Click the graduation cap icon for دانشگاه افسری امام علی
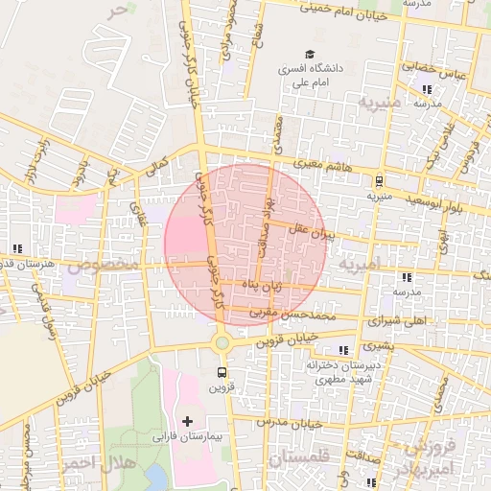point(309,54)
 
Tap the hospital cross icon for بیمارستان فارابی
point(187,421)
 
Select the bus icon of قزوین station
point(222,372)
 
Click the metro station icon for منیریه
point(380,179)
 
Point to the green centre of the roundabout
point(222,342)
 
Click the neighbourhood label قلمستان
point(300,458)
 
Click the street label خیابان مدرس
point(292,423)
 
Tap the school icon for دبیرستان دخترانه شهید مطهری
point(344,350)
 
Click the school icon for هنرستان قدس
point(17,248)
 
